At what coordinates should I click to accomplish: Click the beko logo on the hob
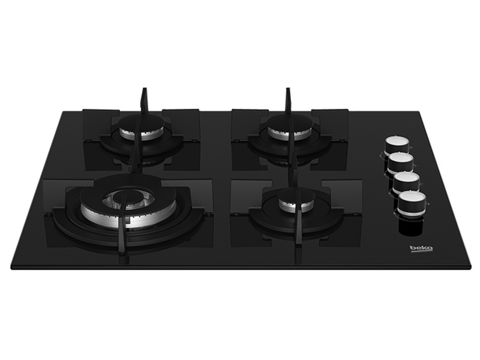pyautogui.click(x=421, y=248)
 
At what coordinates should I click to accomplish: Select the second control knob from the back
pyautogui.click(x=401, y=163)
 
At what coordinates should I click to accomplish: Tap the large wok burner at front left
pyautogui.click(x=128, y=208)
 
